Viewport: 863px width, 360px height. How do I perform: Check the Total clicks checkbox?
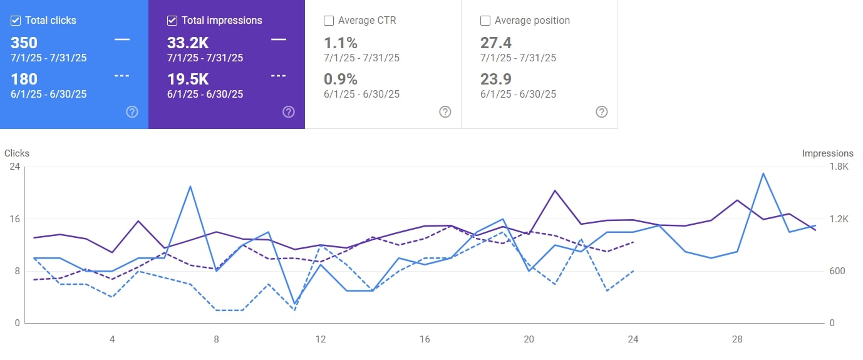pyautogui.click(x=16, y=21)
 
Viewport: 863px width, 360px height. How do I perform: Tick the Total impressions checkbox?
pyautogui.click(x=172, y=21)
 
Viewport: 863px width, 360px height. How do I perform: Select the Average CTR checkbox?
pyautogui.click(x=329, y=21)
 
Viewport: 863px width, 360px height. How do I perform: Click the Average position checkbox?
pyautogui.click(x=485, y=21)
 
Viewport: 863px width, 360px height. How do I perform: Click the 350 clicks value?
pyautogui.click(x=24, y=43)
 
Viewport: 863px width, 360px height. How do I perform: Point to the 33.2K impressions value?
pyautogui.click(x=187, y=43)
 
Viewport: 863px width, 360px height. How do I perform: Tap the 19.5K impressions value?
pyautogui.click(x=187, y=80)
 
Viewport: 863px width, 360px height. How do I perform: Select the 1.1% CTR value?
pyautogui.click(x=341, y=43)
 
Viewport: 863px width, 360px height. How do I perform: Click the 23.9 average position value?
pyautogui.click(x=496, y=80)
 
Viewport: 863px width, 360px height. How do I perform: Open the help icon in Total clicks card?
pyautogui.click(x=132, y=112)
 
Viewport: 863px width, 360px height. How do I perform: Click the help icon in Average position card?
pyautogui.click(x=602, y=112)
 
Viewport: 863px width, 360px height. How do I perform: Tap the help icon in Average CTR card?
pyautogui.click(x=445, y=112)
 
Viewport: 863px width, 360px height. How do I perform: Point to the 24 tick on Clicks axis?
pyautogui.click(x=14, y=167)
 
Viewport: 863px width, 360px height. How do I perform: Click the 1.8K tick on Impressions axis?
pyautogui.click(x=839, y=167)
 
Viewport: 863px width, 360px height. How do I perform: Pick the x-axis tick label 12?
pyautogui.click(x=321, y=339)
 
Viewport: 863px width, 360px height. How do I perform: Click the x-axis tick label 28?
pyautogui.click(x=737, y=339)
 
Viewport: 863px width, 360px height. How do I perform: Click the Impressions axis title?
pyautogui.click(x=827, y=153)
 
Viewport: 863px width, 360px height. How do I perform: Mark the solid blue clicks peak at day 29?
pyautogui.click(x=763, y=173)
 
